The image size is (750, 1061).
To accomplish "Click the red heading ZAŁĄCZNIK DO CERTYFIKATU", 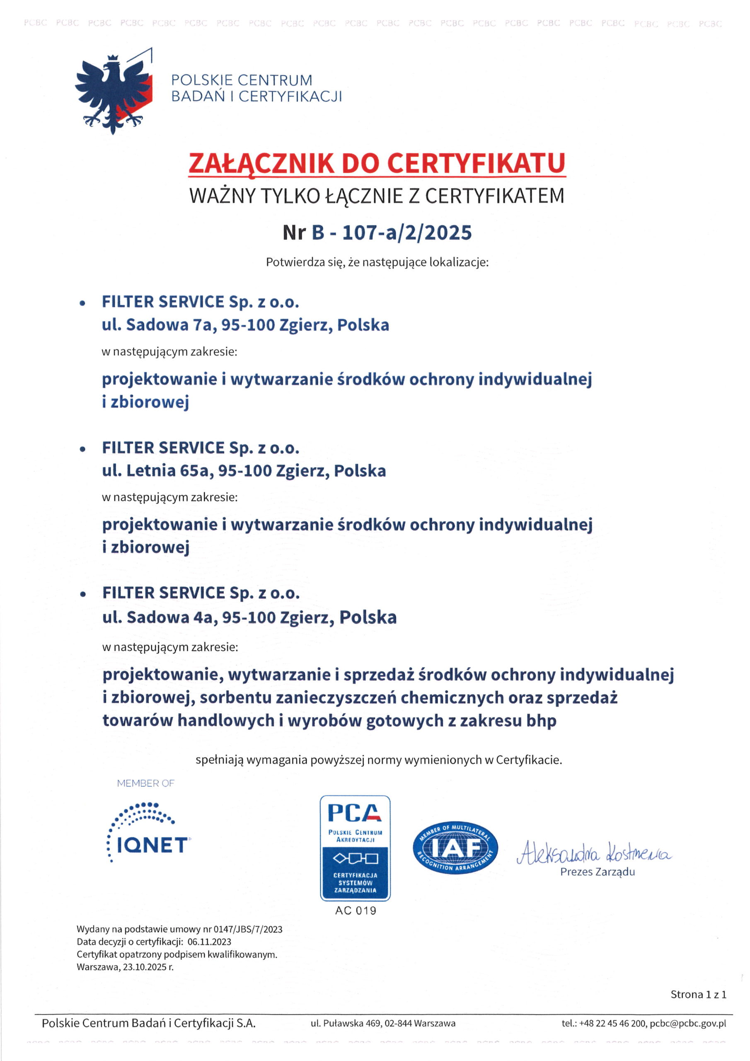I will coord(377,163).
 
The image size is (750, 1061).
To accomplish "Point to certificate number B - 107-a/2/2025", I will coord(392,233).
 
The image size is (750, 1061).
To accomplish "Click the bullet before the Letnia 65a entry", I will coord(83,449).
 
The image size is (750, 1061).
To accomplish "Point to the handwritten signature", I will coord(594,853).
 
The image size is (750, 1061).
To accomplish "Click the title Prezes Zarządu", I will coord(598,872).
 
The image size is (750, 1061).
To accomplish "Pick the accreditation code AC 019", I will coord(356,911).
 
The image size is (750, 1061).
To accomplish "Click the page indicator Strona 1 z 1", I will coord(698,994).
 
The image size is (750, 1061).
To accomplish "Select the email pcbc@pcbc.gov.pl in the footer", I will coord(687,1024).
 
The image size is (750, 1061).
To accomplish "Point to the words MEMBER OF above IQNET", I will coord(145,783).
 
